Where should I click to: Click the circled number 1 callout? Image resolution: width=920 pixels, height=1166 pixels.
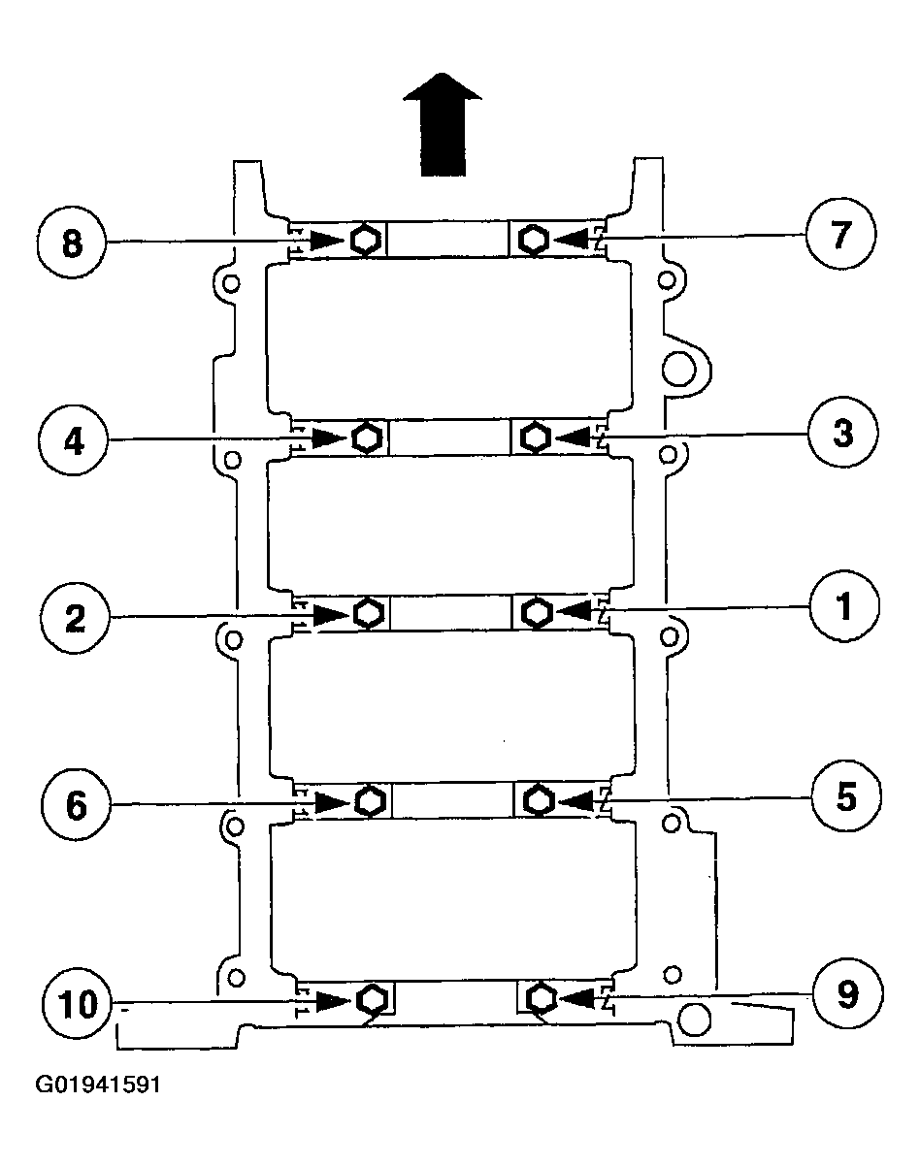(844, 605)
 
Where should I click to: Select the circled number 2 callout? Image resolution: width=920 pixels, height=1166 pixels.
(75, 618)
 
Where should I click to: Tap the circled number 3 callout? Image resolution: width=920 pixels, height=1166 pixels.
(842, 434)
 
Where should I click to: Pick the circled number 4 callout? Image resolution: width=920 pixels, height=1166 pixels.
(73, 441)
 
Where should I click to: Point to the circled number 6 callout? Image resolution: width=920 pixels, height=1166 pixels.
(76, 804)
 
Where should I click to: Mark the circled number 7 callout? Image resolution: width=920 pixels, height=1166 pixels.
(840, 234)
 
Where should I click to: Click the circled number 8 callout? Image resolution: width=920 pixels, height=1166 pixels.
(72, 242)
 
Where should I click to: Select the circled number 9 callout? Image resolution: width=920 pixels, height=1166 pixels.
(848, 993)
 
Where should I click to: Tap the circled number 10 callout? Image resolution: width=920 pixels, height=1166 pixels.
(79, 1003)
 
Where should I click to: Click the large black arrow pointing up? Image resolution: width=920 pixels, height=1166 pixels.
(443, 124)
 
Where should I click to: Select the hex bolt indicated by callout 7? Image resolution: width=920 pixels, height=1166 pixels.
(534, 239)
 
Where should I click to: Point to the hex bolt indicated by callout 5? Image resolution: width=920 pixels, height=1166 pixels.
(538, 799)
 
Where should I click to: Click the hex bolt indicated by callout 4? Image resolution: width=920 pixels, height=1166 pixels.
(368, 437)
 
